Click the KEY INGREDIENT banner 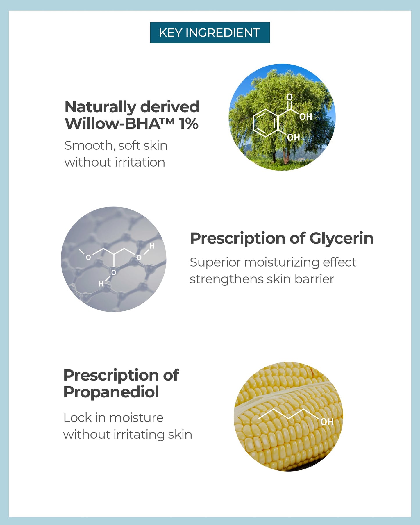pos(210,33)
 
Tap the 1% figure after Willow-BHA pos(189,124)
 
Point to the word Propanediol pos(111,392)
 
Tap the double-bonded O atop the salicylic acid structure pos(289,97)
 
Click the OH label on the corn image pos(327,422)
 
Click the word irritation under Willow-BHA pos(140,162)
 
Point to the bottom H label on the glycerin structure pos(101,284)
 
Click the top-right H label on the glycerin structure pos(152,246)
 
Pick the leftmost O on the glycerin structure pos(88,257)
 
